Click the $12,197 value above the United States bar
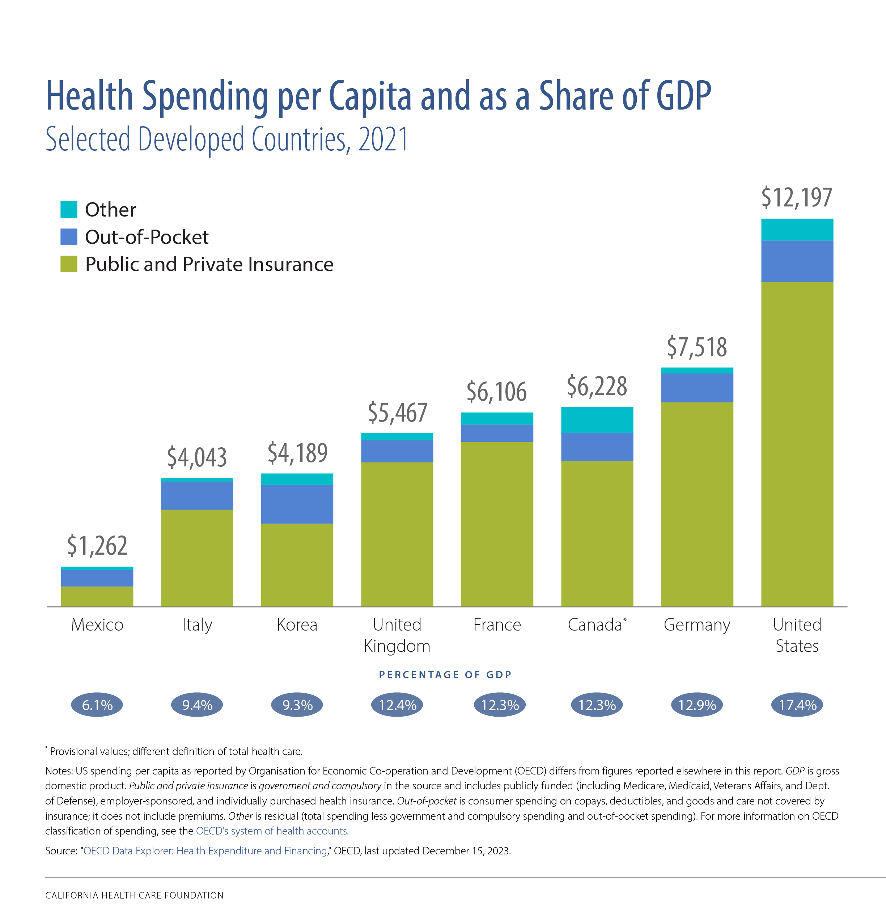click(797, 197)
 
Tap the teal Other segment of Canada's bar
click(597, 420)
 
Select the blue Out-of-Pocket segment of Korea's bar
click(297, 504)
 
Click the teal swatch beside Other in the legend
click(69, 209)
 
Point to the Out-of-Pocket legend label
click(147, 237)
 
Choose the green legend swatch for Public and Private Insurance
click(69, 264)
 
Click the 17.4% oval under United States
click(797, 705)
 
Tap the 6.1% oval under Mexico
click(97, 705)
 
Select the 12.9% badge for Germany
click(697, 705)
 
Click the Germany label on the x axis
click(697, 625)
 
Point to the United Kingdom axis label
click(397, 635)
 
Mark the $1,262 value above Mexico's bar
click(97, 546)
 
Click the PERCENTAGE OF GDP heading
click(445, 675)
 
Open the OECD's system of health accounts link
click(272, 831)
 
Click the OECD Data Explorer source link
click(205, 850)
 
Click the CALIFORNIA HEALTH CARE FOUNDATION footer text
click(134, 895)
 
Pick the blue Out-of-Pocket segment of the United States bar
click(797, 261)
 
